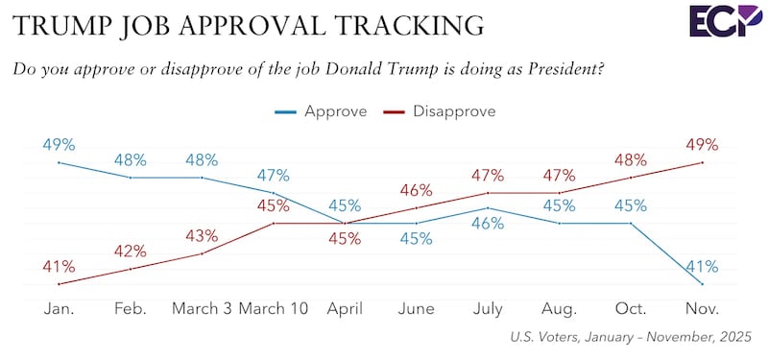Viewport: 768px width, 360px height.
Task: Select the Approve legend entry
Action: [333, 110]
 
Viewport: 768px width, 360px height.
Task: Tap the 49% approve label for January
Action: [60, 145]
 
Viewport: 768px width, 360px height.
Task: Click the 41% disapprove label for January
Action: [60, 266]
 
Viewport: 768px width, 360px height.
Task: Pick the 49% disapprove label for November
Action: [703, 145]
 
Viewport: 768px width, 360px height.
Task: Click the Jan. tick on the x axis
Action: [60, 309]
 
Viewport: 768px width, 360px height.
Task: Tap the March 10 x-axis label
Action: [273, 309]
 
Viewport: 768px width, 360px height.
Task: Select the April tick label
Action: [345, 309]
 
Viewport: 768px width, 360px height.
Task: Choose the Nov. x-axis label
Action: [703, 309]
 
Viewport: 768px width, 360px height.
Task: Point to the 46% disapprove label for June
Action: [417, 190]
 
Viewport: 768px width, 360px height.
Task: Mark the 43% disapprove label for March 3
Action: [202, 236]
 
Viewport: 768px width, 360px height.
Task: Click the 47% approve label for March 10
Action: [273, 175]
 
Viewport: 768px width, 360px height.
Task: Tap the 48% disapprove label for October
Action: [632, 160]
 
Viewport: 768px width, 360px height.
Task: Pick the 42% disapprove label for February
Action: [131, 252]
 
